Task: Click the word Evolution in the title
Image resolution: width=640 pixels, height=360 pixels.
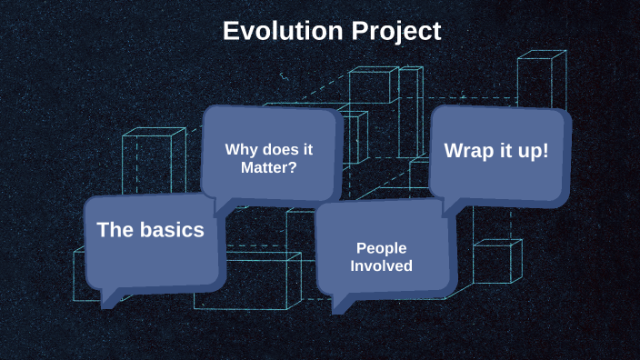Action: pos(282,31)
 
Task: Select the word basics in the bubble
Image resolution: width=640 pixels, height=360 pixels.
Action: pos(172,230)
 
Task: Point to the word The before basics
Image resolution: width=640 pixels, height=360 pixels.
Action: pos(116,230)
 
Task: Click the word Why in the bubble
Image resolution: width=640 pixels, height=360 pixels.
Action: pos(241,149)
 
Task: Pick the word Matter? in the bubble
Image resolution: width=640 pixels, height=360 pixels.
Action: pos(268,167)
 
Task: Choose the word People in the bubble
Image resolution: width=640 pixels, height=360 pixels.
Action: pos(381,247)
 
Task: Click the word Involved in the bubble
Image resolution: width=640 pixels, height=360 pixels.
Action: pos(381,265)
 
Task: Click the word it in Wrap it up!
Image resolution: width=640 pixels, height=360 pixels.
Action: pos(502,150)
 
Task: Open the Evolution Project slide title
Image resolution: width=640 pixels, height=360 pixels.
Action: pos(332,31)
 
